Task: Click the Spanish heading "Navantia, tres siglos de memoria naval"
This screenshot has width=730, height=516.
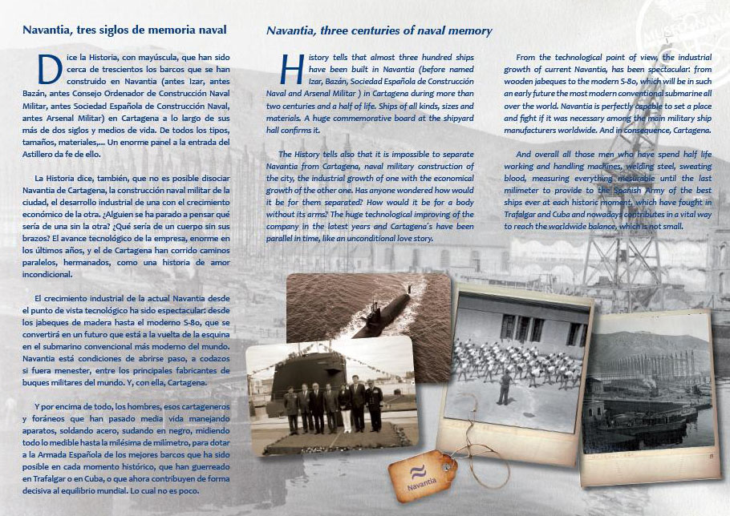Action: [124, 30]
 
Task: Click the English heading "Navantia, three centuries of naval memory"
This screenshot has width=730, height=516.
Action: [379, 31]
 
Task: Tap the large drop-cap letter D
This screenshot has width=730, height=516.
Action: [50, 70]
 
